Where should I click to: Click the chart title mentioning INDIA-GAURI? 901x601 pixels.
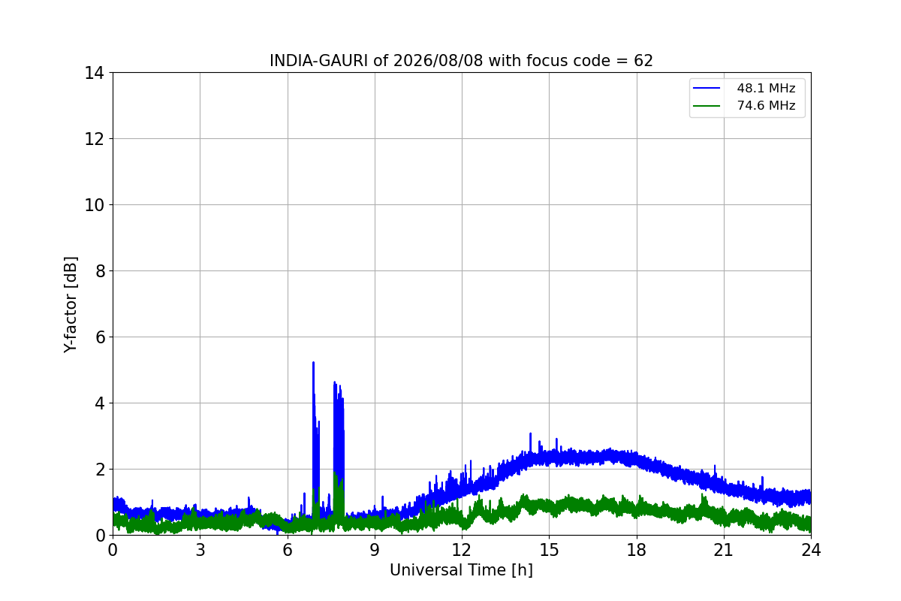click(461, 61)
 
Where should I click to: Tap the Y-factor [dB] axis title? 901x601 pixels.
click(71, 305)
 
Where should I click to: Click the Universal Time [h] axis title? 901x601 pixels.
click(461, 570)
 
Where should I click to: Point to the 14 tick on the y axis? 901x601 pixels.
click(94, 74)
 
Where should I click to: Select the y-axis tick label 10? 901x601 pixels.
click(94, 205)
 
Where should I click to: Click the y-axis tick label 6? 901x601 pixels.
click(100, 337)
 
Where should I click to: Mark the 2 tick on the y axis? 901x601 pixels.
click(100, 470)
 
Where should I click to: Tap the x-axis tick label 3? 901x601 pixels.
click(200, 550)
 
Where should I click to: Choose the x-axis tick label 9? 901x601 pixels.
click(375, 550)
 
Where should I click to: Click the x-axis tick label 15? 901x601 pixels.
click(549, 550)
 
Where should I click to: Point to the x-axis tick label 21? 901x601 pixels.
click(724, 550)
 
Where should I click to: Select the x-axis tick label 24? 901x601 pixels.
click(811, 550)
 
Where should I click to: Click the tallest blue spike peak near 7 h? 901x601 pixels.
click(313, 363)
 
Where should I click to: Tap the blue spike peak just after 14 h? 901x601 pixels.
click(531, 434)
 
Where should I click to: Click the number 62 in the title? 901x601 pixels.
click(643, 61)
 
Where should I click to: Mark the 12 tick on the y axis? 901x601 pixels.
click(94, 139)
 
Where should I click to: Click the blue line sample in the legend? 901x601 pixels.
click(707, 88)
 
